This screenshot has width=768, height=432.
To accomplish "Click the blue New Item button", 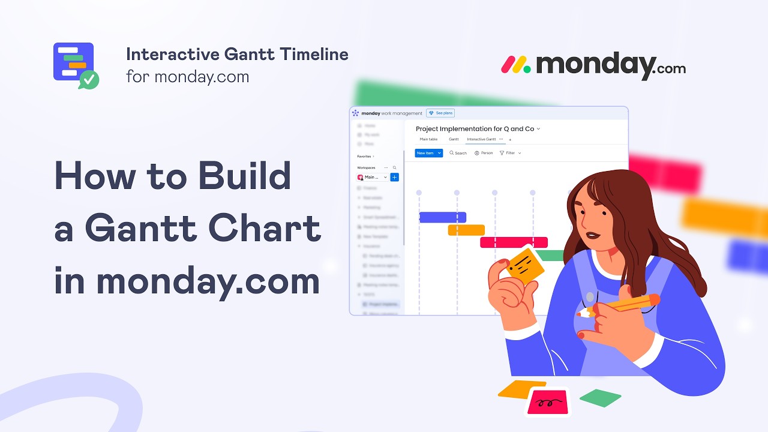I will pos(428,153).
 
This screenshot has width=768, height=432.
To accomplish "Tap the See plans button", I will pos(440,113).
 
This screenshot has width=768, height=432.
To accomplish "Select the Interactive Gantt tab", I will pos(481,139).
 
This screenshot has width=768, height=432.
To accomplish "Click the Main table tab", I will pos(428,139).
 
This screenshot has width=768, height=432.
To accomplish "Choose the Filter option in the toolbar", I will pos(510,153).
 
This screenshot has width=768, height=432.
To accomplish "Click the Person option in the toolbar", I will pos(484,153).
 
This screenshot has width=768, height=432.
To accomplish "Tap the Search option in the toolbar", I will pos(458,153).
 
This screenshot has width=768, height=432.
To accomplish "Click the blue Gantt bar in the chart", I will pos(442,217).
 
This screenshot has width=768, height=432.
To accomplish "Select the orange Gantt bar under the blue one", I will pos(466,230).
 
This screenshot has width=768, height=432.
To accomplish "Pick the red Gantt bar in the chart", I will pos(514,242).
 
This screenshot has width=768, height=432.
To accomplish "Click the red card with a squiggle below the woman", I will pos(547,401).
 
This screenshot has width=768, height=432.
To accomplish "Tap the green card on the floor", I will pos(600,397).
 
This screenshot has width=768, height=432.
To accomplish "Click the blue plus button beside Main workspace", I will pos(394,177).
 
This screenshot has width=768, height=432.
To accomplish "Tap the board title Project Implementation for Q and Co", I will pos(475,128).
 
